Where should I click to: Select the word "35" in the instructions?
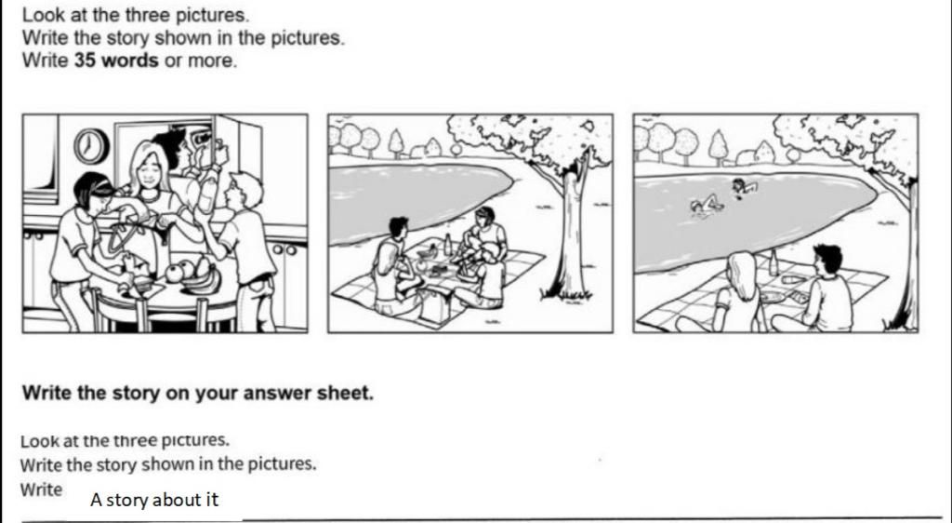(86, 61)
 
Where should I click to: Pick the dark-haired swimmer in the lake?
(741, 186)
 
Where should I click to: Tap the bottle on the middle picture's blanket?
(447, 246)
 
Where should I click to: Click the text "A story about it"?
(154, 500)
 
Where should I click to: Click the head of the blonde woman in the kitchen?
(148, 166)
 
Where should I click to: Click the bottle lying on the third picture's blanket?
(794, 278)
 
